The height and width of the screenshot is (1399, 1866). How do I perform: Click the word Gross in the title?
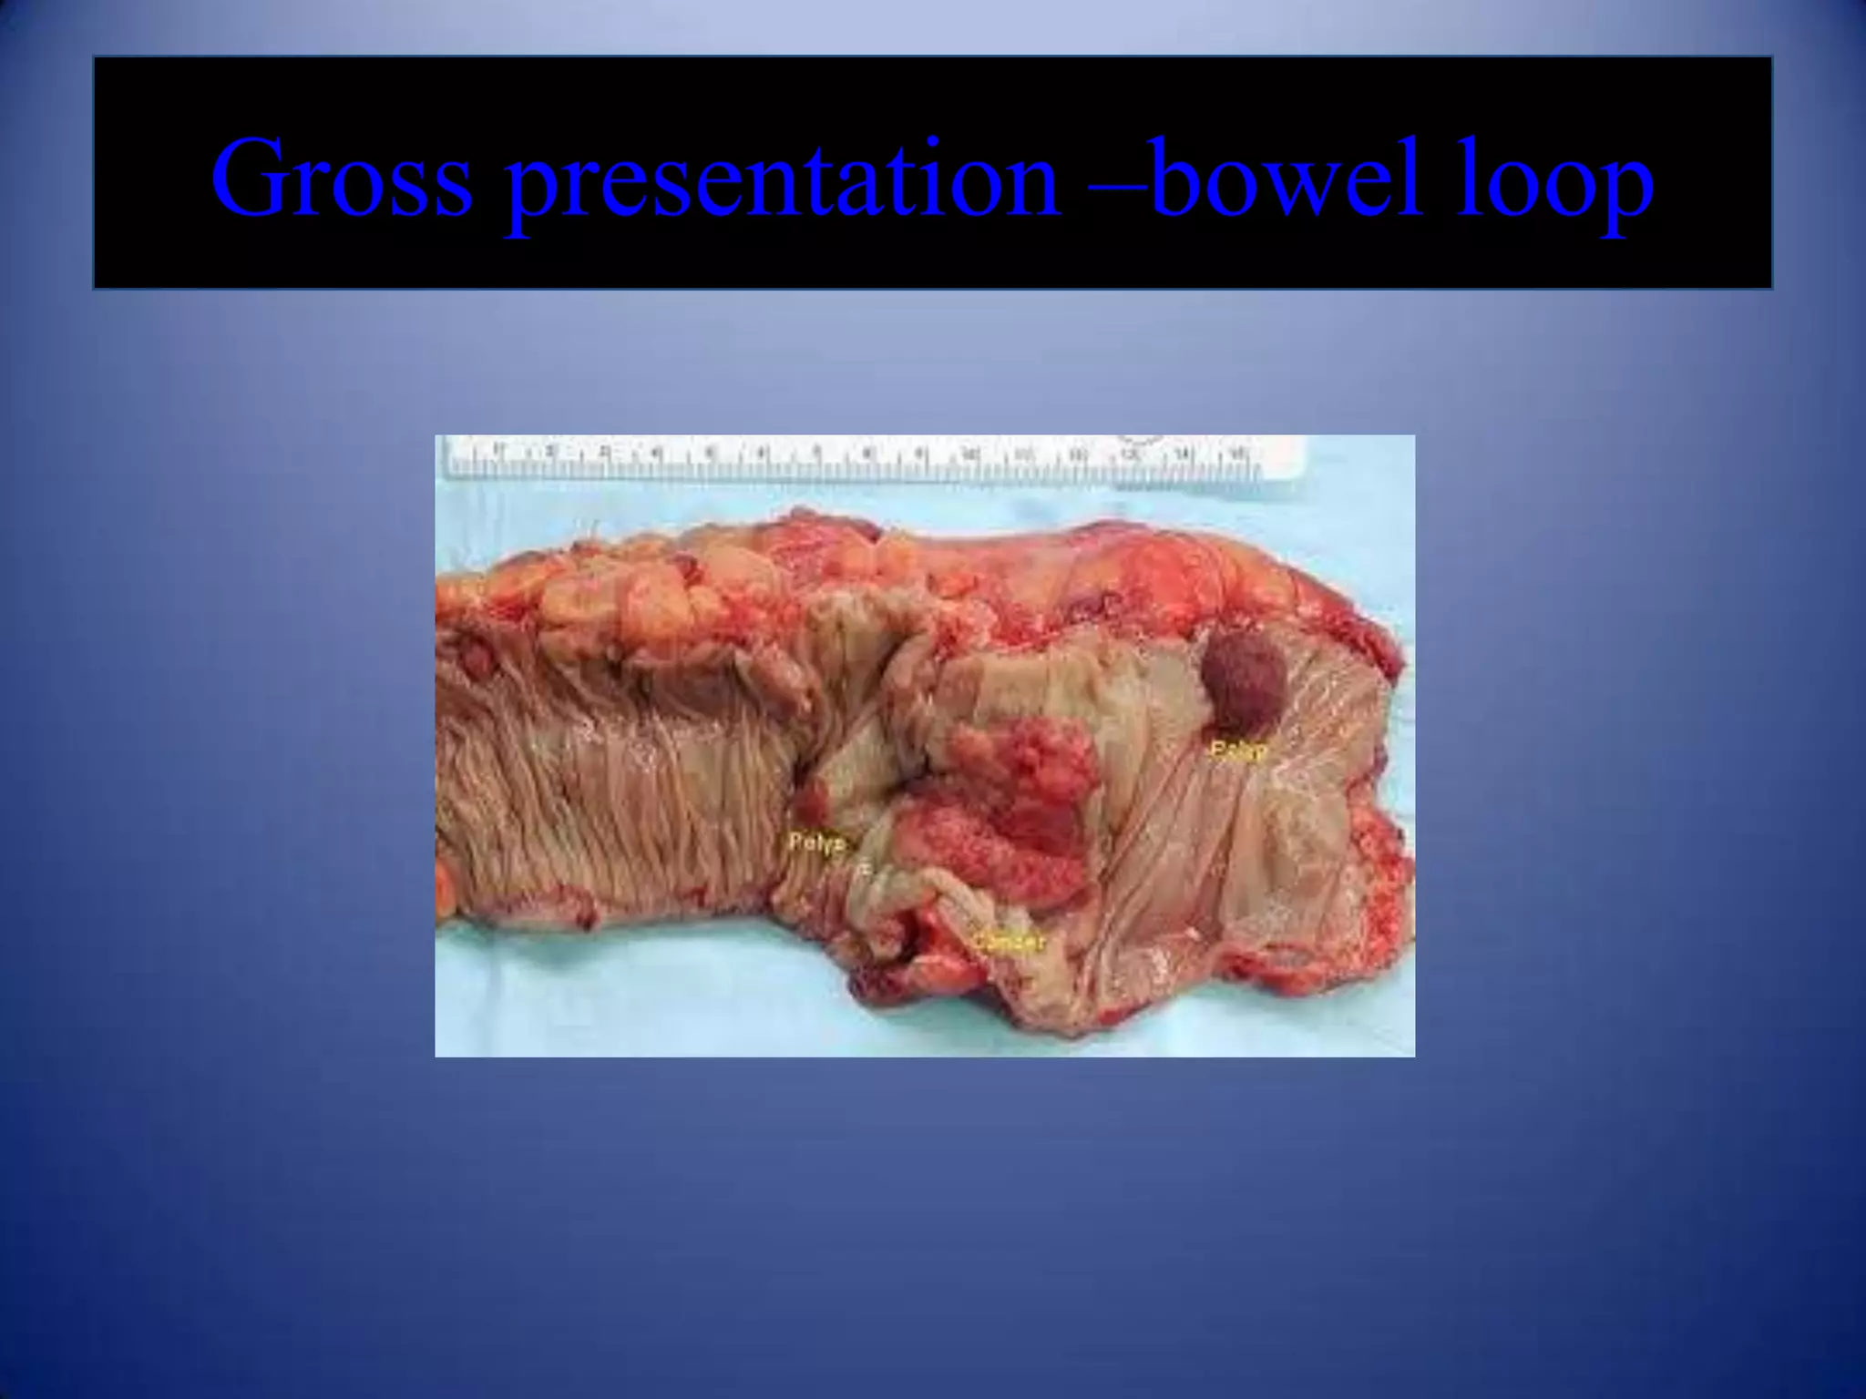pyautogui.click(x=343, y=177)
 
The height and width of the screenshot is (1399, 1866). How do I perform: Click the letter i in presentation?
pyautogui.click(x=951, y=177)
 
